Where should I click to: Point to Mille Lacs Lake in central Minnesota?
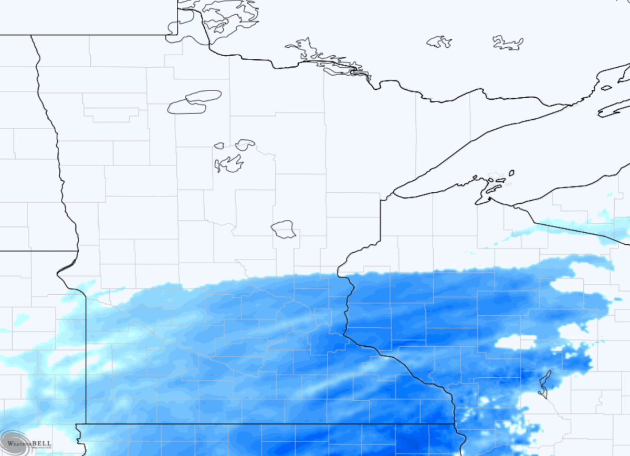click(283, 229)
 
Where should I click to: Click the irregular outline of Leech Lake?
click(229, 164)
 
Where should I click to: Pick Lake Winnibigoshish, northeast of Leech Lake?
click(245, 144)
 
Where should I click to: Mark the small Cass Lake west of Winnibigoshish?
click(219, 145)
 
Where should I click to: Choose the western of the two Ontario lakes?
click(439, 42)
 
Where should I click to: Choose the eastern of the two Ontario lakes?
click(508, 43)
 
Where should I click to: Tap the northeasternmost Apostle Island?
click(511, 173)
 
